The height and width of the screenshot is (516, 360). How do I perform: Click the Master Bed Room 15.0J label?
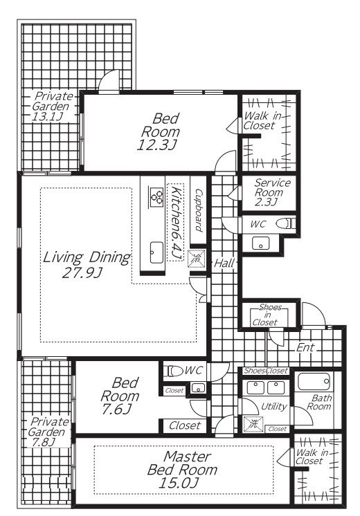click(182, 470)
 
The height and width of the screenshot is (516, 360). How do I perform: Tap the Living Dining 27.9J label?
click(87, 265)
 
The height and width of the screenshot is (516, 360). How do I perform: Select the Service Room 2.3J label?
click(272, 192)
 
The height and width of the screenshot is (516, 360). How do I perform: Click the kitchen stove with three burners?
click(156, 196)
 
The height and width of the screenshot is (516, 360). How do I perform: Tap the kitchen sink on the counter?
click(156, 252)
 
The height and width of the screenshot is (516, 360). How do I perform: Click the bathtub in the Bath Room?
click(314, 381)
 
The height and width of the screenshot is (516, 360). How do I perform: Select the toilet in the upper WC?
click(285, 224)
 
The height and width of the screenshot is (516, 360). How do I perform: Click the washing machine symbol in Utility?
click(253, 424)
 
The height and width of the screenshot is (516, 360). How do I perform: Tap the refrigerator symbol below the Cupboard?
click(197, 258)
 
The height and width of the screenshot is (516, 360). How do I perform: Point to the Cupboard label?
click(199, 210)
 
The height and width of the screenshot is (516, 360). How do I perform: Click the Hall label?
click(224, 263)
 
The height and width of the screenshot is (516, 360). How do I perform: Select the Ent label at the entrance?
click(305, 347)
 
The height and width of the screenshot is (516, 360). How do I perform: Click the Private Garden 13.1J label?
click(52, 106)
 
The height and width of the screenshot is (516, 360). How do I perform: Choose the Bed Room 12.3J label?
click(160, 131)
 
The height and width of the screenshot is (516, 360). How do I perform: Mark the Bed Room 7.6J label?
click(120, 396)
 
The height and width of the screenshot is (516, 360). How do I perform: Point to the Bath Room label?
click(319, 402)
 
